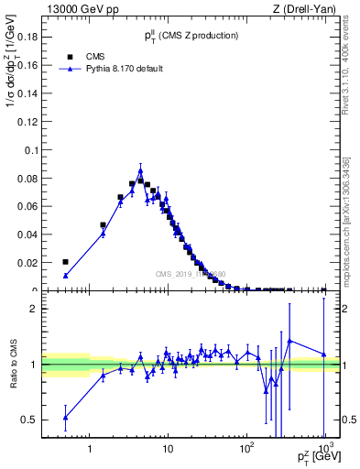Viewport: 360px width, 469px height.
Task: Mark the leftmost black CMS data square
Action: click(x=65, y=262)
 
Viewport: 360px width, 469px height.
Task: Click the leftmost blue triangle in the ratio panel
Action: click(x=65, y=418)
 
